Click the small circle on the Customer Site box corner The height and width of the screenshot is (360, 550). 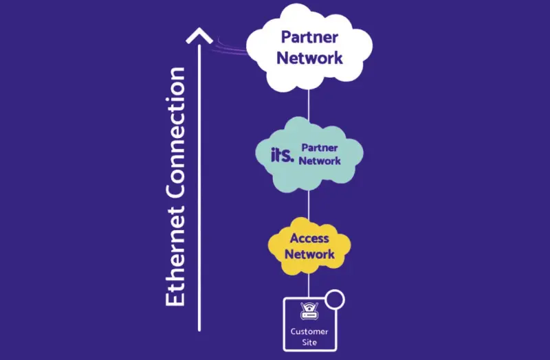point(334,300)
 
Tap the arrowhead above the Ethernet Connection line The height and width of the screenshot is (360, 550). point(199,36)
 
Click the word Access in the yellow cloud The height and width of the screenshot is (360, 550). point(309,239)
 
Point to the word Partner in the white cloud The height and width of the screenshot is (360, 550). point(309,37)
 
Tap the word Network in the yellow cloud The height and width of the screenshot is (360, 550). point(309,254)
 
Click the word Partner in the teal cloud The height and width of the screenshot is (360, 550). point(320,148)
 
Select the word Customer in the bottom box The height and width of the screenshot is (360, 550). point(309,331)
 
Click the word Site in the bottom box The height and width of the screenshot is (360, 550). point(309,341)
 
